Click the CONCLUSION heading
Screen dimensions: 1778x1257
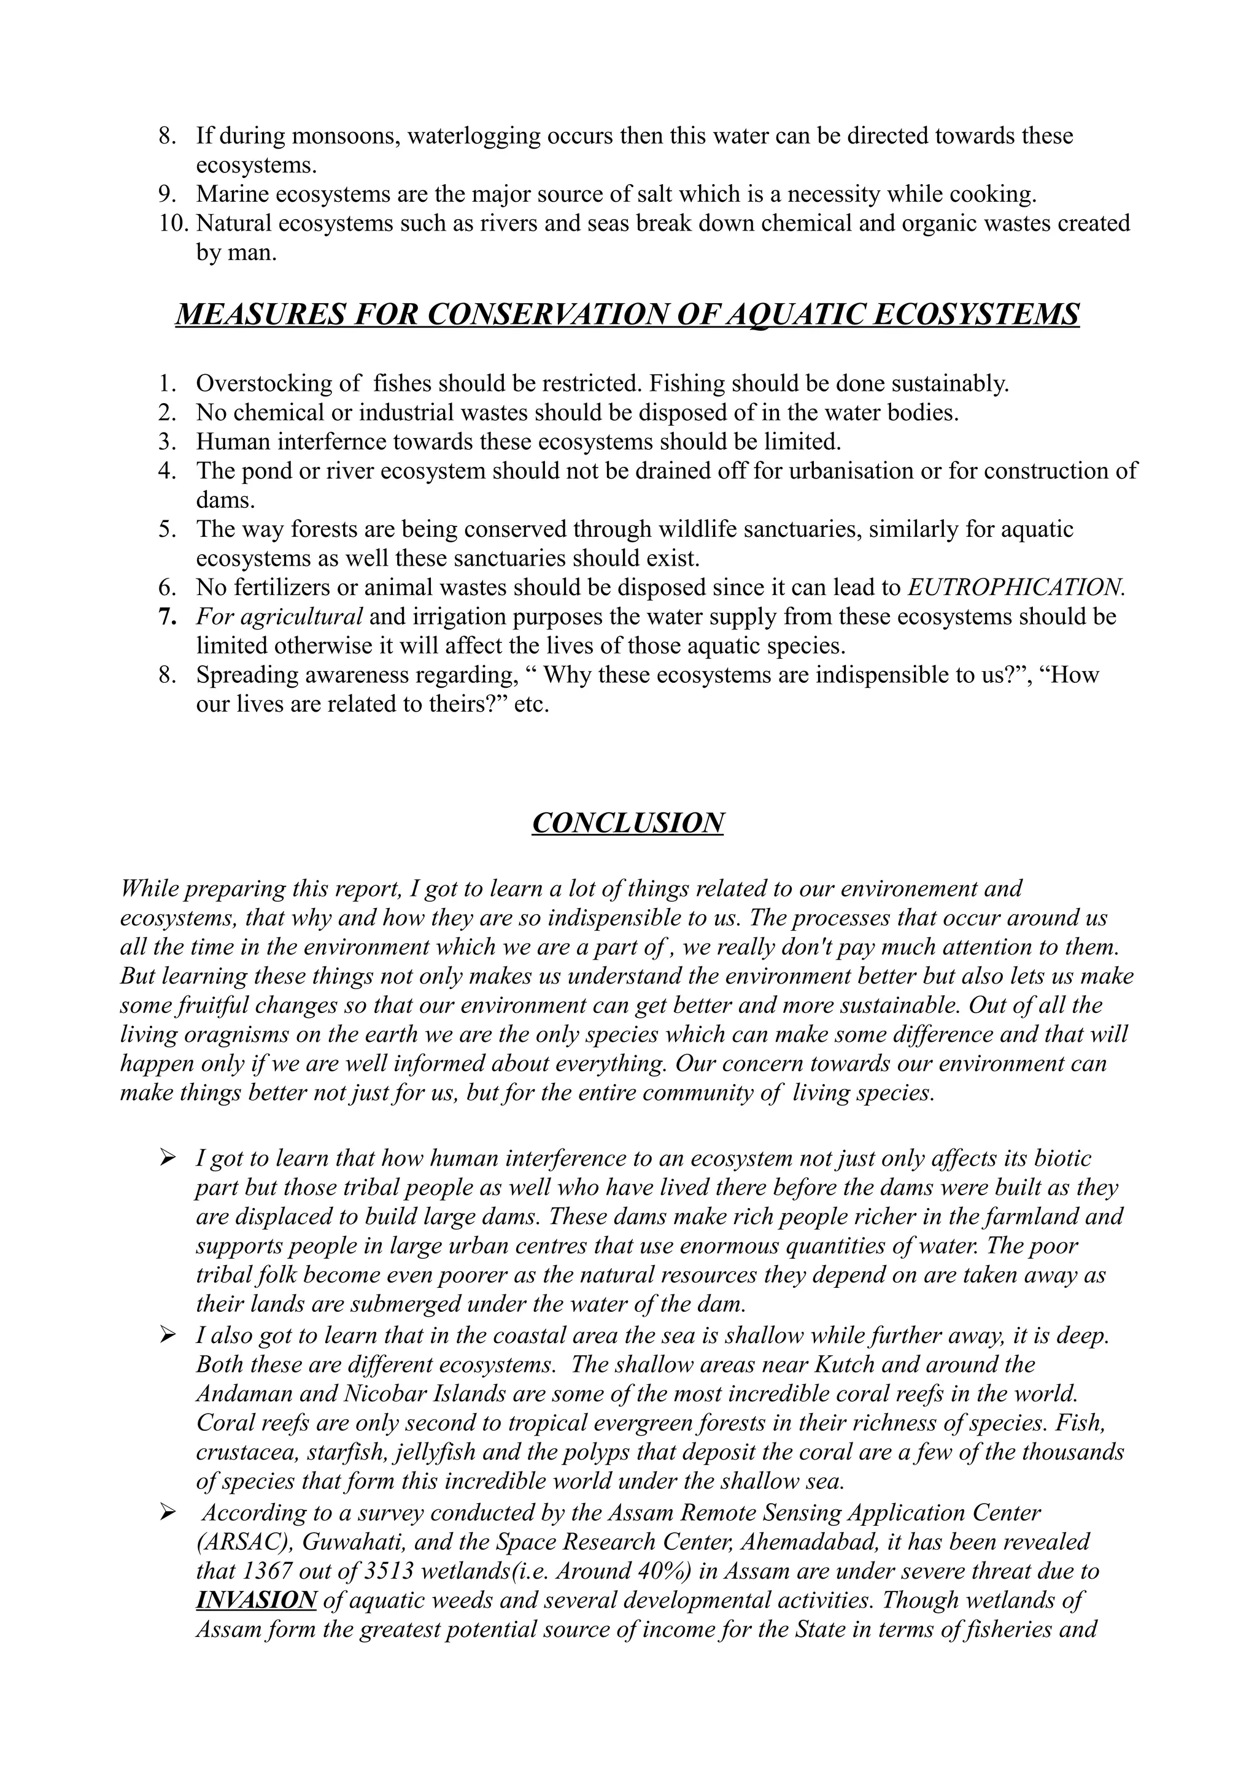point(627,822)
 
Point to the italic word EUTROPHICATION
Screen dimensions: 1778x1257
point(1015,587)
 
